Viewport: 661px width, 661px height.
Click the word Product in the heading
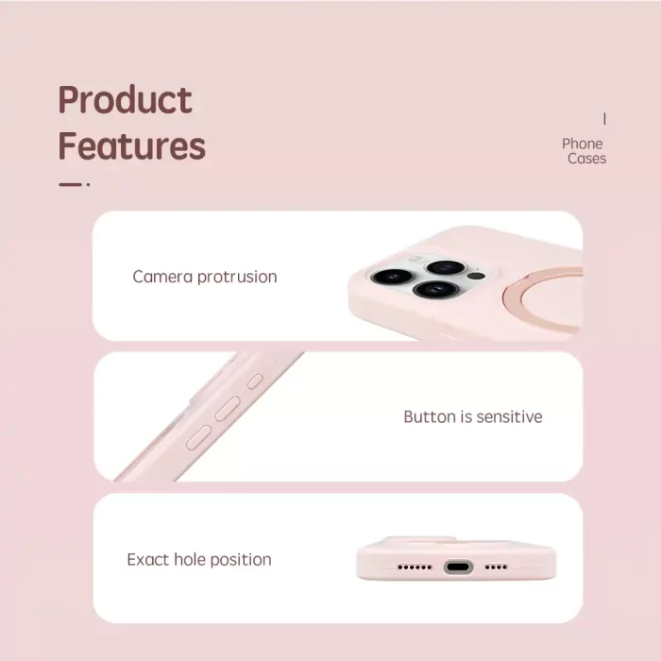coord(126,99)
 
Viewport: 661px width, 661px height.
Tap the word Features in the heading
coord(131,145)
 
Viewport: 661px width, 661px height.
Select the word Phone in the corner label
coord(583,144)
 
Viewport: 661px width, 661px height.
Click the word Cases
coord(586,159)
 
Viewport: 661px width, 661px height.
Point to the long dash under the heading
coord(70,184)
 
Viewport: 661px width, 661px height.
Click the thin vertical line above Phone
coord(604,119)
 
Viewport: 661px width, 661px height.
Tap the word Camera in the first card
coord(162,277)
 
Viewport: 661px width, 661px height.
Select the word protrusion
coord(237,277)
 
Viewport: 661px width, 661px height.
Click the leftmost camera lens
coord(392,277)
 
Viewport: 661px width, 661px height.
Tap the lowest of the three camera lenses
coord(435,289)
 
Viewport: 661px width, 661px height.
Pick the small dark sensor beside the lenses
coord(477,276)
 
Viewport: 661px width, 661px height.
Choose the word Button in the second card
coord(430,416)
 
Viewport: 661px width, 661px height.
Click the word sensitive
coord(509,416)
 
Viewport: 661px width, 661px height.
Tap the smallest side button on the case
coord(255,381)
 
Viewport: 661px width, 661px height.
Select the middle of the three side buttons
coord(229,408)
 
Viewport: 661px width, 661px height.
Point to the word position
coord(241,560)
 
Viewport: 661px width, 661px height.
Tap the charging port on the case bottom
coord(458,567)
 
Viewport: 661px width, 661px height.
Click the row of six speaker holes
coord(415,568)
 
